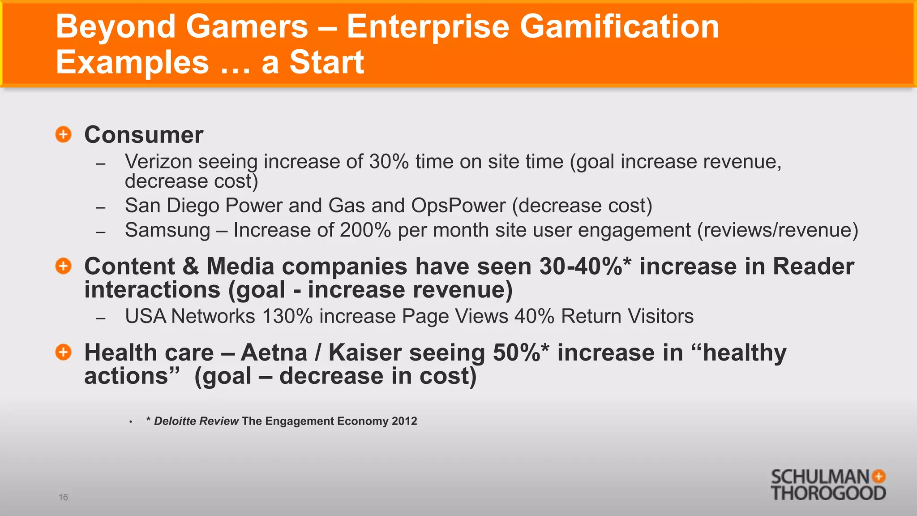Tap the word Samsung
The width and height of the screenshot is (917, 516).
click(x=167, y=230)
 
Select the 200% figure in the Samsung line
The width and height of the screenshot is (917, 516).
click(x=365, y=230)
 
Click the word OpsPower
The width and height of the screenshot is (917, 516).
click(x=458, y=206)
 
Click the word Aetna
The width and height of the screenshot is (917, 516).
click(x=274, y=353)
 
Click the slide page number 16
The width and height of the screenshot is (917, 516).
click(x=63, y=497)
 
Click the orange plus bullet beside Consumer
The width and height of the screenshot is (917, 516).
click(x=64, y=134)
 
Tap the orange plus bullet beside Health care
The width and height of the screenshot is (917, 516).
click(x=64, y=352)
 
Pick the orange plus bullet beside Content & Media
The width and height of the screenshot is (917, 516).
click(x=64, y=266)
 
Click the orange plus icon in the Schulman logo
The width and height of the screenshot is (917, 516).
click(x=879, y=476)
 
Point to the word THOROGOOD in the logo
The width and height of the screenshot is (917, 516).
click(x=828, y=493)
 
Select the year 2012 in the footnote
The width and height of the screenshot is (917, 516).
click(x=404, y=421)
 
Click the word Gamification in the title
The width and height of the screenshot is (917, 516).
click(x=619, y=26)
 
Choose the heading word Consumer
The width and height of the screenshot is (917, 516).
click(x=144, y=135)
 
